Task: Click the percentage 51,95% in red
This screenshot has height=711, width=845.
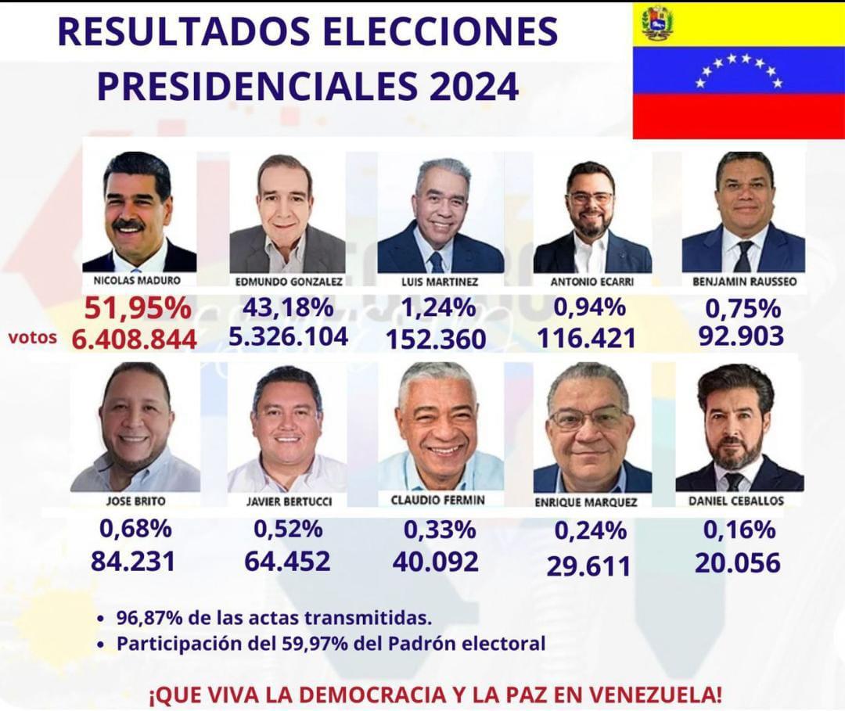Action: coord(138,309)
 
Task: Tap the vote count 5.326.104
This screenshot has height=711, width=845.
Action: coord(288,336)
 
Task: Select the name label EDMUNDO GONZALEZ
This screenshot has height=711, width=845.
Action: coord(289,282)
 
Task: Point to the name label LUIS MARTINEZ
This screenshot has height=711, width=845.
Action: coord(440,282)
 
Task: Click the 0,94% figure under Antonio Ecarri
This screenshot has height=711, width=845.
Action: coord(590,307)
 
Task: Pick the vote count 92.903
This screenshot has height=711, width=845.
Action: coord(742,336)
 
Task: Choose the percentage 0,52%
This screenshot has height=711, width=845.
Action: coord(288,529)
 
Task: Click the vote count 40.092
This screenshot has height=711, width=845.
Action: coord(436,562)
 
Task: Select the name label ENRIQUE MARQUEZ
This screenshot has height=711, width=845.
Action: coord(586,502)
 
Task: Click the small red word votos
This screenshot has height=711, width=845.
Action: coord(32,338)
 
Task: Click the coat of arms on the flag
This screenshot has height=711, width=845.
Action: coord(656,23)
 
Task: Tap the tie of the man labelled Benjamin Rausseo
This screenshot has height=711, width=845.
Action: coord(743,257)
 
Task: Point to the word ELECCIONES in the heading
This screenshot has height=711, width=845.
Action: coord(441,31)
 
